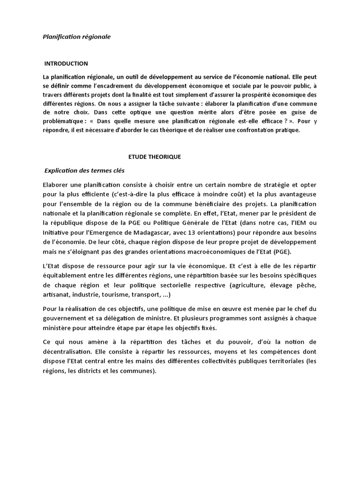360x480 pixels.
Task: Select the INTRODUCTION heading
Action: point(66,63)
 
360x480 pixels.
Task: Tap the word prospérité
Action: point(243,95)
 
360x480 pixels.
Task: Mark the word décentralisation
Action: point(65,352)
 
